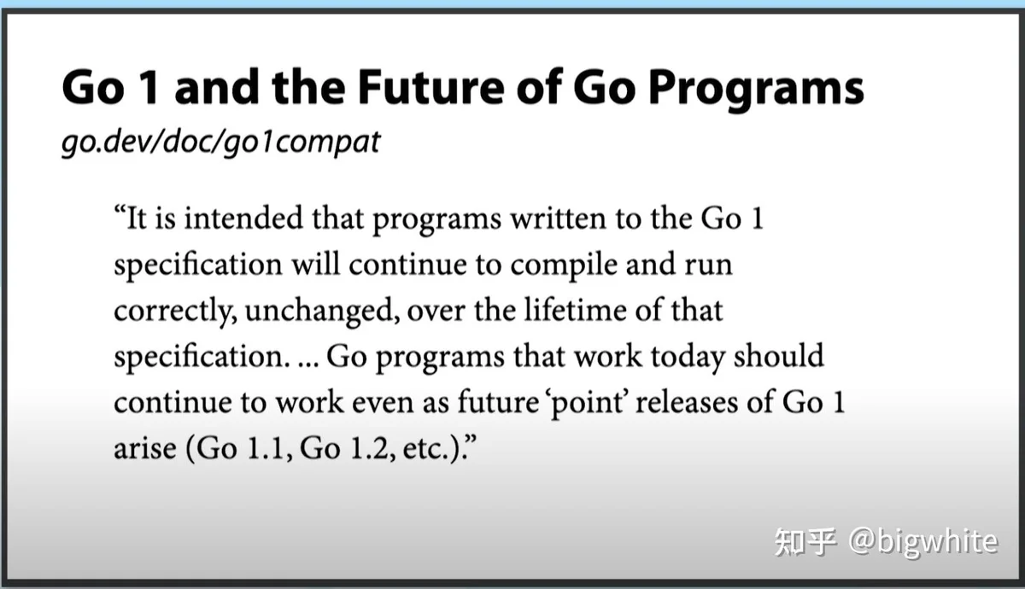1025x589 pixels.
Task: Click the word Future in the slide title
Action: tap(431, 87)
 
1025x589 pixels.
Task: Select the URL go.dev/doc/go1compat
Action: tap(220, 143)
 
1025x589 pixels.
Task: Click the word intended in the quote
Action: tap(243, 218)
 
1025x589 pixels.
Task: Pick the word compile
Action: tap(564, 265)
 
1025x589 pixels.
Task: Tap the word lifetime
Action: tap(575, 310)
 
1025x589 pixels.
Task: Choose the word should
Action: tap(779, 355)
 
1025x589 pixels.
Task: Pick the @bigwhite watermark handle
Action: tap(922, 542)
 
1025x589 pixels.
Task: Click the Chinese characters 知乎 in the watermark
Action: tap(805, 542)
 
